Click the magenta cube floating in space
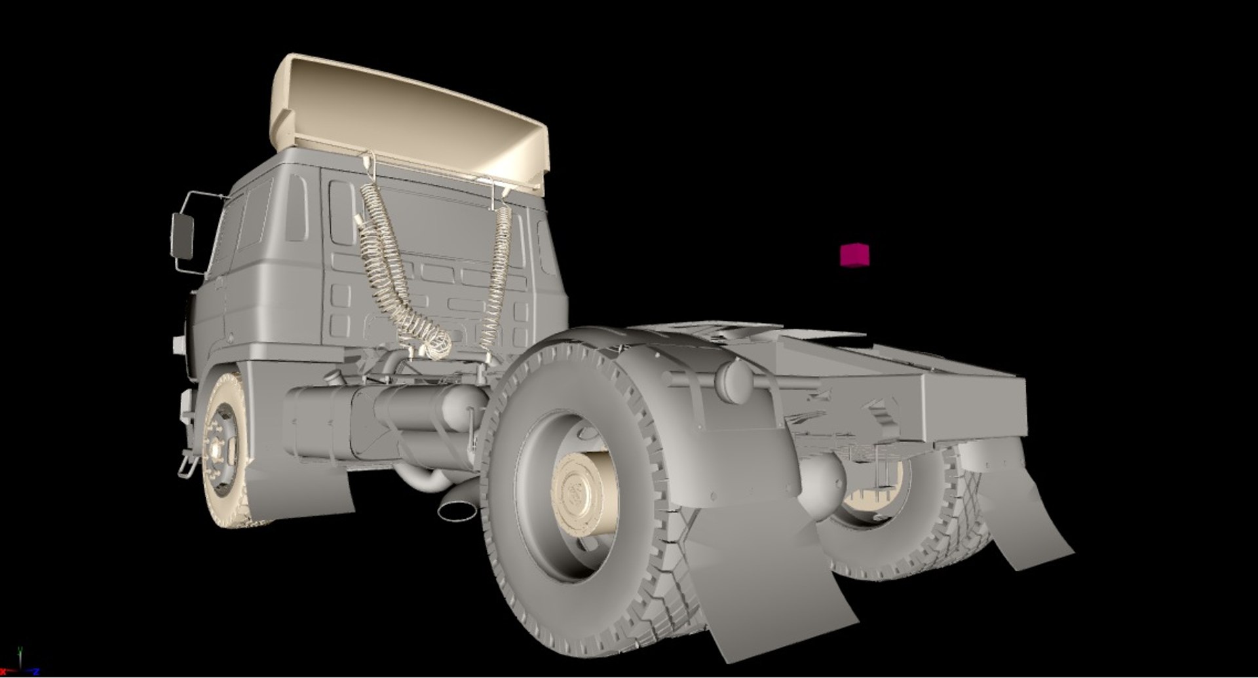pos(854,254)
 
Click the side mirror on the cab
pos(182,236)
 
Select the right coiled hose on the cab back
pos(499,275)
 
